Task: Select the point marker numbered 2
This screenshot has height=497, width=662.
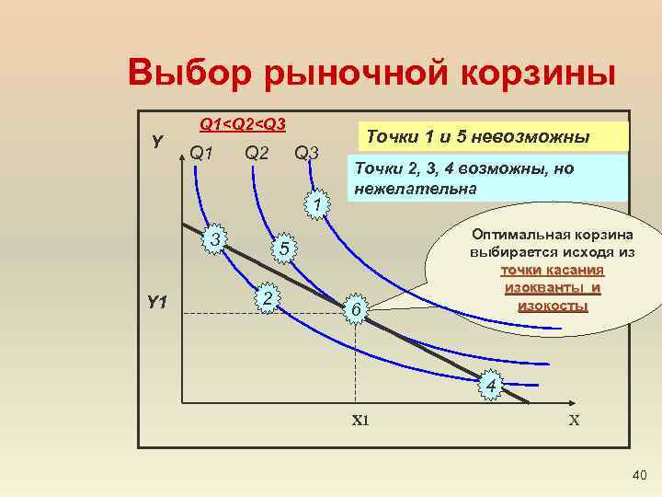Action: (266, 299)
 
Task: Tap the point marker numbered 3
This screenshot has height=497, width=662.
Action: (213, 240)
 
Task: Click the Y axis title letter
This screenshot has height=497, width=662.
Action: (157, 141)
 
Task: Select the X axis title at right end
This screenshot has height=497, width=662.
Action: (574, 421)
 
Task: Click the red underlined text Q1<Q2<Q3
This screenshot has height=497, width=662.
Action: (243, 124)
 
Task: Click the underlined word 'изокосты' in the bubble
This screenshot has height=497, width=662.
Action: (553, 306)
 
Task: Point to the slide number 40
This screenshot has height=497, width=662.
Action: (640, 475)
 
